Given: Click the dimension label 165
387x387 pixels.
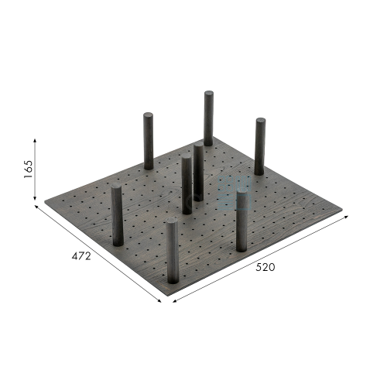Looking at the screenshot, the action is point(29,169).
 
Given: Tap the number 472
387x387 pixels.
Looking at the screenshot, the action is point(81,256).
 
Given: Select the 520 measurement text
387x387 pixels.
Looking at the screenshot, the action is point(265,267).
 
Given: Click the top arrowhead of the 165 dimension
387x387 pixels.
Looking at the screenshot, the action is point(35,141).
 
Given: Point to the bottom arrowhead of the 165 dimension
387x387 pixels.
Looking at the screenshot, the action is point(35,198).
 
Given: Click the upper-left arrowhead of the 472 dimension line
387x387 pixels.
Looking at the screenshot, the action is point(36,207).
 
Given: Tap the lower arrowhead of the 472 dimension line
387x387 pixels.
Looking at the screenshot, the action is point(159,300).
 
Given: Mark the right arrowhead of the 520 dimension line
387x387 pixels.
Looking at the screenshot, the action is point(346,217).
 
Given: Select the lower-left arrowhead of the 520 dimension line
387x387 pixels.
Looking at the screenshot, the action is point(175,300).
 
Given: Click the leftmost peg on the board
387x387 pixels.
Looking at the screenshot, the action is point(117,214).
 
